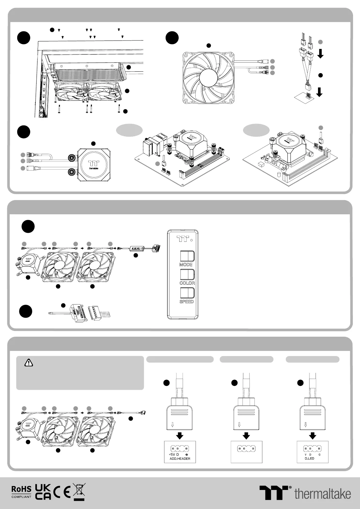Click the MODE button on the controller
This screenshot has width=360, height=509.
pyautogui.click(x=187, y=256)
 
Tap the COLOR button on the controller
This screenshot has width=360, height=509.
pyautogui.click(x=187, y=274)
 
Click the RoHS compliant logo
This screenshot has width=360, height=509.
pyautogui.click(x=21, y=492)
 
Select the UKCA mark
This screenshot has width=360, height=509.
pyautogui.click(x=43, y=492)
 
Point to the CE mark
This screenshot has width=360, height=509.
pyautogui.click(x=62, y=492)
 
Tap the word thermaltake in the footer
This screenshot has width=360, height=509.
pyautogui.click(x=322, y=494)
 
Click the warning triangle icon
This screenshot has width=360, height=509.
pyautogui.click(x=29, y=362)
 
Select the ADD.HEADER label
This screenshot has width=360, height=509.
pyautogui.click(x=180, y=459)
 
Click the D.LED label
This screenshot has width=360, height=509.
pyautogui.click(x=310, y=458)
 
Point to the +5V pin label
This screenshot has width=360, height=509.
pyautogui.click(x=172, y=455)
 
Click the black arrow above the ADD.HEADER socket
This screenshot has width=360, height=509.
pyautogui.click(x=180, y=436)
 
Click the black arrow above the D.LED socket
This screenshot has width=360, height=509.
pyautogui.click(x=313, y=436)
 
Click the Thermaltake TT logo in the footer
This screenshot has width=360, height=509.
pyautogui.click(x=274, y=493)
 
